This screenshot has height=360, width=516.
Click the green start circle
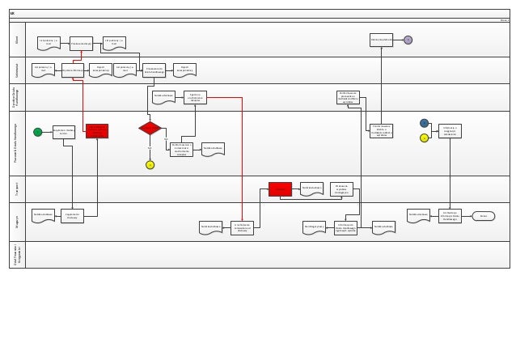pos(37,132)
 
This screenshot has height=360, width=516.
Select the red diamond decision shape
pos(150,128)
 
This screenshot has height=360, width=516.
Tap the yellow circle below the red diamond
pos(150,165)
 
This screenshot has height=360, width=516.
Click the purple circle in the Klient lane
pos(408,40)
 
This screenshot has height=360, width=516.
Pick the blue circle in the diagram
pos(424,123)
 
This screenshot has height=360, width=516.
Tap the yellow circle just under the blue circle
pos(424,138)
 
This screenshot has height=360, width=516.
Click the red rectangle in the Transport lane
pos(280,188)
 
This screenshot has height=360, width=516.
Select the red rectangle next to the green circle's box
pos(97,130)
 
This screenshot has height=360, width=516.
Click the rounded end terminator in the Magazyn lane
pos(483,216)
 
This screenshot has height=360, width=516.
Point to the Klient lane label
pos(17,39)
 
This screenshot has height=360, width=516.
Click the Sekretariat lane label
pos(17,70)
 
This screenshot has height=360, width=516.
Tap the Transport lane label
pos(17,188)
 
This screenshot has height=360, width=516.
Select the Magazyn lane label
pos(17,221)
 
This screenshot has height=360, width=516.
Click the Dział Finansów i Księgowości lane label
pos(17,254)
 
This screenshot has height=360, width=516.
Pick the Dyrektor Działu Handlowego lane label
pos(17,97)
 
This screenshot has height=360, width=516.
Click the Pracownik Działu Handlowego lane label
pos(17,142)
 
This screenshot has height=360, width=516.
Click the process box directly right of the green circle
pos(64,132)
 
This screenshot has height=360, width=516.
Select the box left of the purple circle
pos(381,40)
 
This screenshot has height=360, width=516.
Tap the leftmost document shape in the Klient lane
pos(49,42)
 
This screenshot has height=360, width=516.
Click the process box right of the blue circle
pos(450,131)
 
